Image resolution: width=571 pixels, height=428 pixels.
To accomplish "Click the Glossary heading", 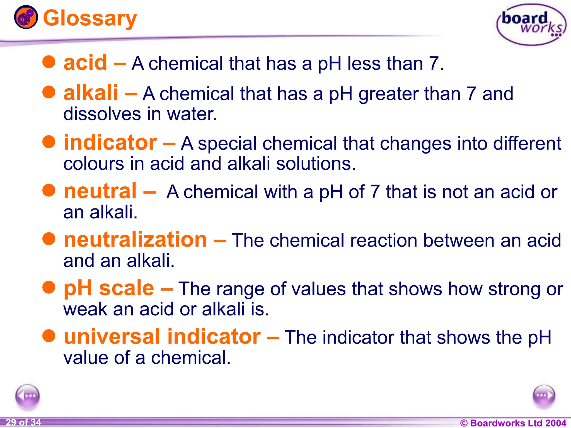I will click(90, 18).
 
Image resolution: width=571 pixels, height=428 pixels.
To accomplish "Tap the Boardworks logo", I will click(531, 25).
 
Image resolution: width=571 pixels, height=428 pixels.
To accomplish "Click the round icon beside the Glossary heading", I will click(26, 17).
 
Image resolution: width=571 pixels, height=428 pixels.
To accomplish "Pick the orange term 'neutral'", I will click(100, 191).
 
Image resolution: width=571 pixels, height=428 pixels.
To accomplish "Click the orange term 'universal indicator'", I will click(162, 337).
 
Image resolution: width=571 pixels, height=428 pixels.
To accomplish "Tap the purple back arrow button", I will click(28, 396).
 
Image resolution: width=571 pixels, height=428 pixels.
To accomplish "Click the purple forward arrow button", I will click(544, 396).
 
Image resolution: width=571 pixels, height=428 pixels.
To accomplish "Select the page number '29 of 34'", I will click(23, 422).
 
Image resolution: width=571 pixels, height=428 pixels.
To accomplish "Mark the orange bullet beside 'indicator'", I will click(49, 142).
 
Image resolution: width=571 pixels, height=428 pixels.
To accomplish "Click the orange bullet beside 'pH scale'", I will click(49, 287).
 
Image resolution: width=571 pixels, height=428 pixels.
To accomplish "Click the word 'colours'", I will click(94, 164).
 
